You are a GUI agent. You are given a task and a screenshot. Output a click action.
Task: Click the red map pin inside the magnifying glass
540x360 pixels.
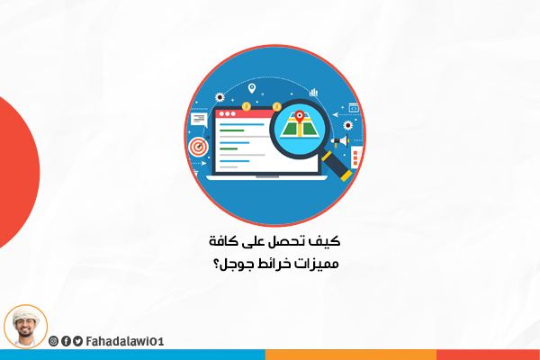(x=300, y=116)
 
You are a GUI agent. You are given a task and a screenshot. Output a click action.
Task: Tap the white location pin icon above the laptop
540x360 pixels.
(x=252, y=88)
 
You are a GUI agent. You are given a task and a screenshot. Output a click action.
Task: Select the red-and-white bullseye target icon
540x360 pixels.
(x=198, y=147)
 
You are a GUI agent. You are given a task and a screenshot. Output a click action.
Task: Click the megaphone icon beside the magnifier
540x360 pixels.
(x=341, y=141)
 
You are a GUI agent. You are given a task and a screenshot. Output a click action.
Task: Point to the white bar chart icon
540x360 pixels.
(x=313, y=92)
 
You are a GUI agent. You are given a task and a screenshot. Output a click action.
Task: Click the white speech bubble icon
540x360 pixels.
(x=199, y=120)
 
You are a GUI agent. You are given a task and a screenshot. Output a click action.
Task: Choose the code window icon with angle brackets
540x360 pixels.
(x=354, y=108)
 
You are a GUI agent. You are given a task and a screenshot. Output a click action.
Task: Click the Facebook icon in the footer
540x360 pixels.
(x=66, y=341)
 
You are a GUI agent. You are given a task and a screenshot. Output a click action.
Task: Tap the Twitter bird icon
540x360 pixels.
(x=77, y=341)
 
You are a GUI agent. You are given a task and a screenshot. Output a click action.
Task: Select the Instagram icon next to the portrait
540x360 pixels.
(x=53, y=341)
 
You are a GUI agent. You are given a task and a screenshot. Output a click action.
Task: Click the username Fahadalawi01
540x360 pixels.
(x=125, y=341)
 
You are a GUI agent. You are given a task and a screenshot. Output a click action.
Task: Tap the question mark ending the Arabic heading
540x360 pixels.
(x=216, y=263)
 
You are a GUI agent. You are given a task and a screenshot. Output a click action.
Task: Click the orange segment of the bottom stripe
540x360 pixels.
(x=351, y=355)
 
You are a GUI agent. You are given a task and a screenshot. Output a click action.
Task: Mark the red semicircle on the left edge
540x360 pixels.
(x=17, y=172)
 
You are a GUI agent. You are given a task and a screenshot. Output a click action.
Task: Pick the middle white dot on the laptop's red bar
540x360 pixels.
(x=228, y=113)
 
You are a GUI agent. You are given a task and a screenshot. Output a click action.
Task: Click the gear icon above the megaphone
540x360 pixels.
(x=348, y=125)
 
